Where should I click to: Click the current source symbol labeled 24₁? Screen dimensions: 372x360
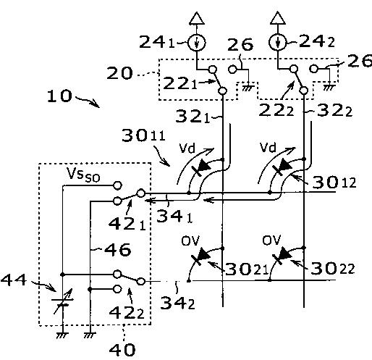point(197,43)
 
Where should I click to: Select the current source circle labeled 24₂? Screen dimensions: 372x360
point(278,43)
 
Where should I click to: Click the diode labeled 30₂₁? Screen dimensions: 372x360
point(200,257)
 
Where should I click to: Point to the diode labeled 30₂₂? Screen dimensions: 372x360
point(282,256)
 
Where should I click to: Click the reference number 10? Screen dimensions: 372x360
point(59,96)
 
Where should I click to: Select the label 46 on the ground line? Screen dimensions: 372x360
point(118,250)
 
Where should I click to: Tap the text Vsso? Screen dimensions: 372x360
point(83,175)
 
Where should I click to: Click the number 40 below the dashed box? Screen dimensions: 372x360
point(122,350)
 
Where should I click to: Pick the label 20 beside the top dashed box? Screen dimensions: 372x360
point(119,73)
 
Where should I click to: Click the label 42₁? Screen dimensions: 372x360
point(127,225)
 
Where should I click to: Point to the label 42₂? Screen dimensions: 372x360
point(127,313)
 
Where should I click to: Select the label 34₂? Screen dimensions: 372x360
point(177,303)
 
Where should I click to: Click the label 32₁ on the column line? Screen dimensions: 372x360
point(193,117)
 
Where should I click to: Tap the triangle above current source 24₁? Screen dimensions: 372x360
point(197,18)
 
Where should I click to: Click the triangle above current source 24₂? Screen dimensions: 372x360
point(278,18)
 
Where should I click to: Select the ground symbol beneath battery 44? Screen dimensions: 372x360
point(62,335)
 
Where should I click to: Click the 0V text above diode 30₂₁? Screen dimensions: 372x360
point(191,240)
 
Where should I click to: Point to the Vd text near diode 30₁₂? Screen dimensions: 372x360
point(268,147)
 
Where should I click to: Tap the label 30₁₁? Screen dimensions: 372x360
point(144,135)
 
